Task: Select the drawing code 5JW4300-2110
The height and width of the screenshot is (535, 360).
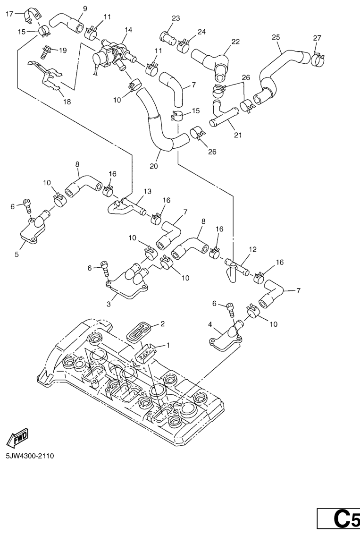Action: click(30, 456)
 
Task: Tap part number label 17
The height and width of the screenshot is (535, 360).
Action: click(9, 14)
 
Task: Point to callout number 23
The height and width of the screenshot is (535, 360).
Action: click(176, 18)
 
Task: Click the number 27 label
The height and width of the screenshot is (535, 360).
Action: click(317, 38)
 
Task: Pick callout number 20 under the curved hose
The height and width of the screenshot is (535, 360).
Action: click(154, 166)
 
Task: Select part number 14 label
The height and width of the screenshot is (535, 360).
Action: click(128, 30)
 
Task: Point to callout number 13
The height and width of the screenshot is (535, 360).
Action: click(147, 191)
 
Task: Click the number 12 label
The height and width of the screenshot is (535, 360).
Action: click(252, 249)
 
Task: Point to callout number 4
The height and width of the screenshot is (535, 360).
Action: click(210, 324)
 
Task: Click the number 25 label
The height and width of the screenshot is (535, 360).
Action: click(276, 37)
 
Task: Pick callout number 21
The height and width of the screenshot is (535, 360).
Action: click(237, 135)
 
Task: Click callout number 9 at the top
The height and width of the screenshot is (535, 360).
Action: click(85, 8)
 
